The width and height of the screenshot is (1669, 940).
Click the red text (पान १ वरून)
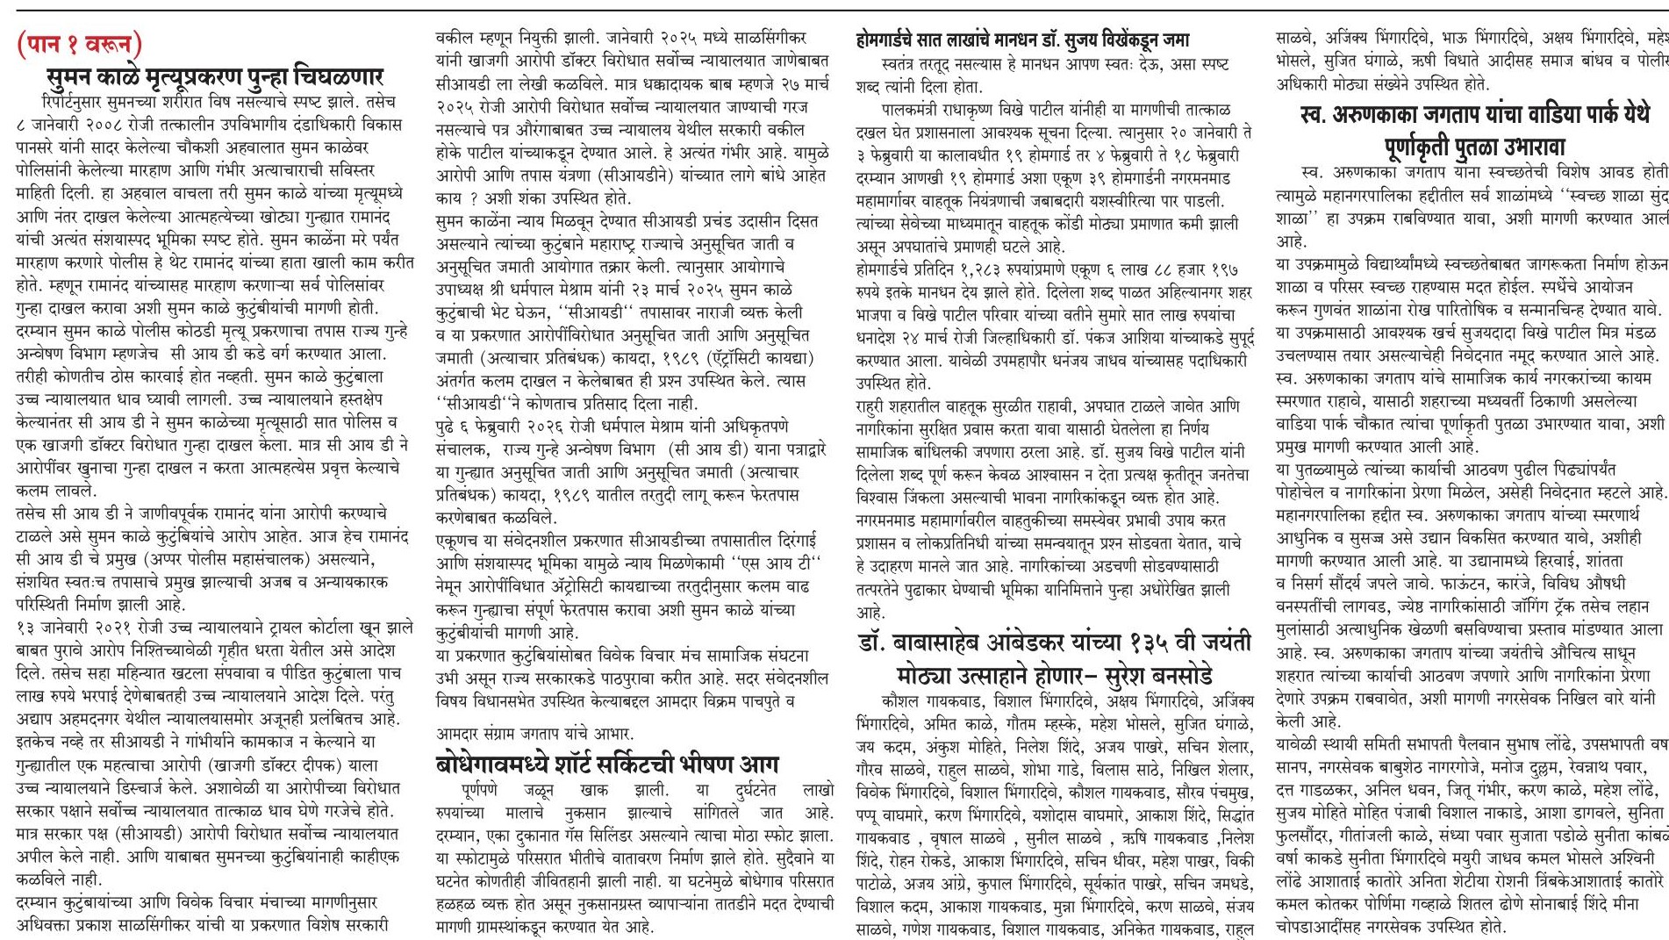pyautogui.click(x=79, y=42)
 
